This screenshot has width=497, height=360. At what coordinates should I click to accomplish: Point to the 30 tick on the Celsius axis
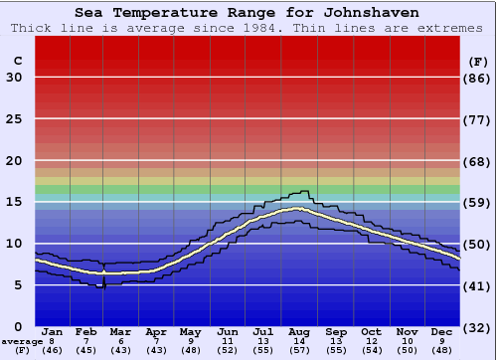coord(14,78)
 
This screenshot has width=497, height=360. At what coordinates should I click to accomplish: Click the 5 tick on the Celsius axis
coord(18,285)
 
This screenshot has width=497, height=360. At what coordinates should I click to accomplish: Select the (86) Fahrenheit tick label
coord(478,79)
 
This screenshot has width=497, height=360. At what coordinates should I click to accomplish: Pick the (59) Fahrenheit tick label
coord(478,203)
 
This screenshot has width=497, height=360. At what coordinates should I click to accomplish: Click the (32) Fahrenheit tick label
coord(478,327)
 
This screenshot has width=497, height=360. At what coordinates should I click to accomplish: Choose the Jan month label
coord(53,331)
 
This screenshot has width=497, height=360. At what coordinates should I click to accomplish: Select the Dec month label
coord(442,331)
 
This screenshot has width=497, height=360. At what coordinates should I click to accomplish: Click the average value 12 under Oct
coord(372,341)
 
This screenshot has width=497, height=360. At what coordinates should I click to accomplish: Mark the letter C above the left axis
coord(17,61)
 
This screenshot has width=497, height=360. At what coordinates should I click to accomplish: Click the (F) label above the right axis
coord(478,61)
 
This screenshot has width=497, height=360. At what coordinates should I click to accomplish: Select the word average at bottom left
coord(21,341)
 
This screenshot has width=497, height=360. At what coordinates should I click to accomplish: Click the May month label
coord(190,331)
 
